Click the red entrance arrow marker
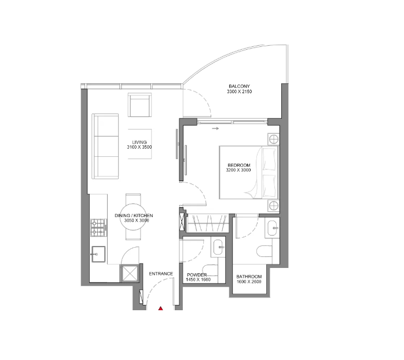(x=160, y=308)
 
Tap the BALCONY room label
(x=239, y=86)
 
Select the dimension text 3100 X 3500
(x=139, y=147)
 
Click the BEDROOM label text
(x=239, y=165)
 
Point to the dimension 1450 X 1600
(x=198, y=280)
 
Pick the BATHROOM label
(x=249, y=277)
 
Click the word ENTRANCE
(x=161, y=274)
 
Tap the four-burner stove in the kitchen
(x=98, y=227)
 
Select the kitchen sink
(x=98, y=254)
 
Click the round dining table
(x=133, y=216)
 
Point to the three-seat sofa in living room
(x=105, y=146)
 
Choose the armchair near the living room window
(x=140, y=105)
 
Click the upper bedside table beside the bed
(x=273, y=139)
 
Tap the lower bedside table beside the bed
(x=273, y=206)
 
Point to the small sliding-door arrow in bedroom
(x=216, y=128)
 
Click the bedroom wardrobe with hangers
(x=207, y=223)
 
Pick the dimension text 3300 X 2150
(x=239, y=91)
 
